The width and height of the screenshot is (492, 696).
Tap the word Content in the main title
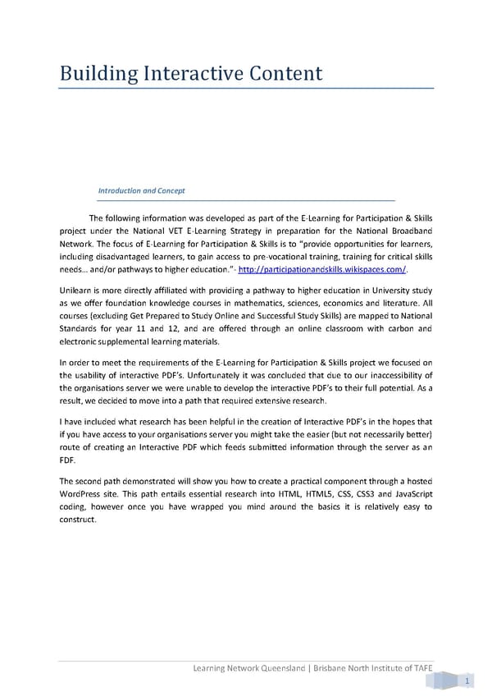click(280, 74)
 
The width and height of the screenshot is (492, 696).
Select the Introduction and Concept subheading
click(141, 190)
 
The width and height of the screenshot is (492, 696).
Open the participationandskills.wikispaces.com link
click(322, 270)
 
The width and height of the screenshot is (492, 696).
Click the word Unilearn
click(78, 291)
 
